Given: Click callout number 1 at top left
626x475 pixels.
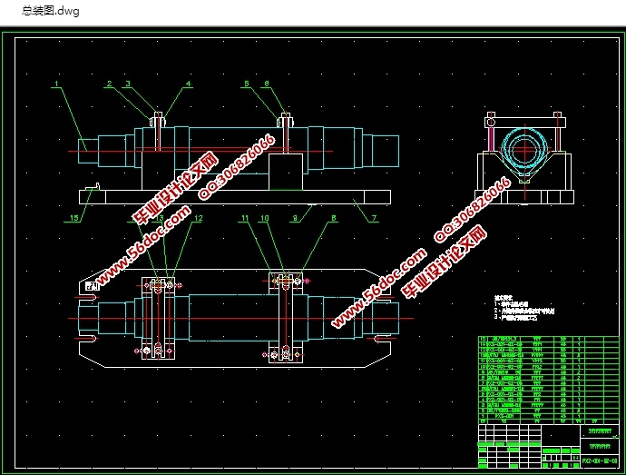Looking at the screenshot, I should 55,84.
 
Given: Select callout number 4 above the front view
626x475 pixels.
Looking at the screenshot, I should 189,84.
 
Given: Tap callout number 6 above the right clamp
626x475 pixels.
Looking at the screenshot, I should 266,84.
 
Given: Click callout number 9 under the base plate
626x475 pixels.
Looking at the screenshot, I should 295,219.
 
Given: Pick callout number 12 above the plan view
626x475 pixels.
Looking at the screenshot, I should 197,219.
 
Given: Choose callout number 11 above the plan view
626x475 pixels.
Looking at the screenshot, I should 244,219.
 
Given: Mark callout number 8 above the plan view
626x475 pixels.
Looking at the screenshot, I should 333,219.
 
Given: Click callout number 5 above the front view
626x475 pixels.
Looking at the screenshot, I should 245,84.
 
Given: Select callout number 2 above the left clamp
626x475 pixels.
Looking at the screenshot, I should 108,84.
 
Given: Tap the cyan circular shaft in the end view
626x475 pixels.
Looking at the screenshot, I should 523,148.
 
